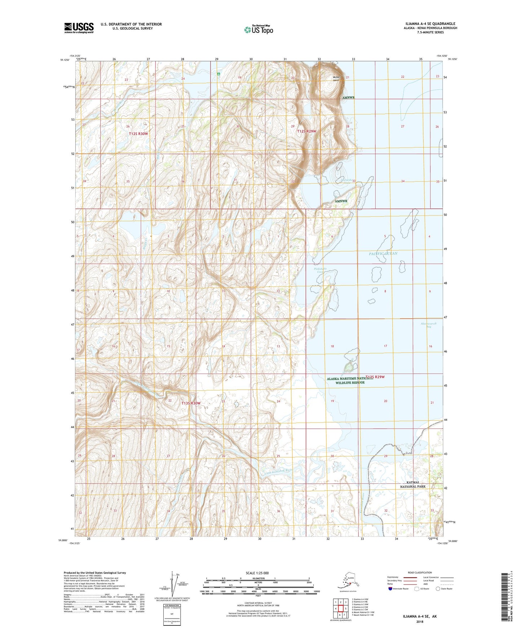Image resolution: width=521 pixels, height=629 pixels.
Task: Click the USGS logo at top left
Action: click(x=79, y=28)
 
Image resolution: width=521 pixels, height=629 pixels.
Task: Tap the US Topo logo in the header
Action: click(x=258, y=30)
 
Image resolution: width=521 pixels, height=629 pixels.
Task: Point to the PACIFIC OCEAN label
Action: click(x=383, y=254)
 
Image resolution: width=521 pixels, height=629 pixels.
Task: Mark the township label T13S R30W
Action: click(x=191, y=403)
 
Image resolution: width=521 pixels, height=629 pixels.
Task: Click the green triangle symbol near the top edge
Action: click(x=218, y=74)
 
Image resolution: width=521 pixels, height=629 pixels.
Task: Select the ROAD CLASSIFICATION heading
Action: click(x=420, y=572)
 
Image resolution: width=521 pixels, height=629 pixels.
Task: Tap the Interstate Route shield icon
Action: click(x=390, y=589)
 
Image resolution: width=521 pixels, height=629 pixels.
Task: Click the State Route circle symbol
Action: click(x=438, y=589)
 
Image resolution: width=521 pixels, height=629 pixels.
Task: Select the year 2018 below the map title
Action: click(x=420, y=621)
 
